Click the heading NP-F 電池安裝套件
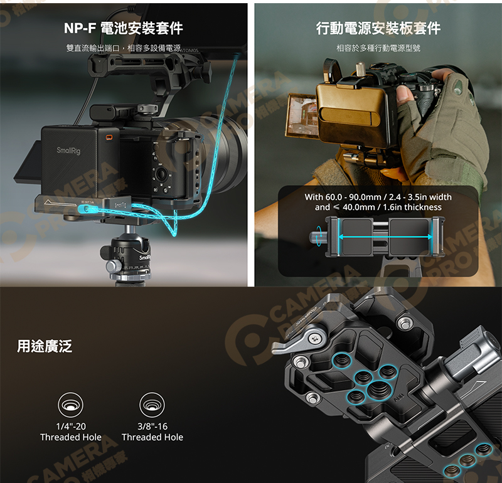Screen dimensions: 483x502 click(x=123, y=28)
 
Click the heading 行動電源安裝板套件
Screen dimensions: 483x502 click(x=378, y=28)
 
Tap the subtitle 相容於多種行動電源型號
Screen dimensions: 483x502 click(x=378, y=48)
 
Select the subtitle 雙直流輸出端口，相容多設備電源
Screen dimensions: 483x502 click(x=123, y=48)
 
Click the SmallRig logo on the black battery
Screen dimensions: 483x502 click(x=68, y=151)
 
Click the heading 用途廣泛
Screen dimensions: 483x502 click(x=45, y=345)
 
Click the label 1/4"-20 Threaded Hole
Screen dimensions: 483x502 click(x=70, y=432)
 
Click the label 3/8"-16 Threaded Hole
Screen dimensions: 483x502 click(x=152, y=432)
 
